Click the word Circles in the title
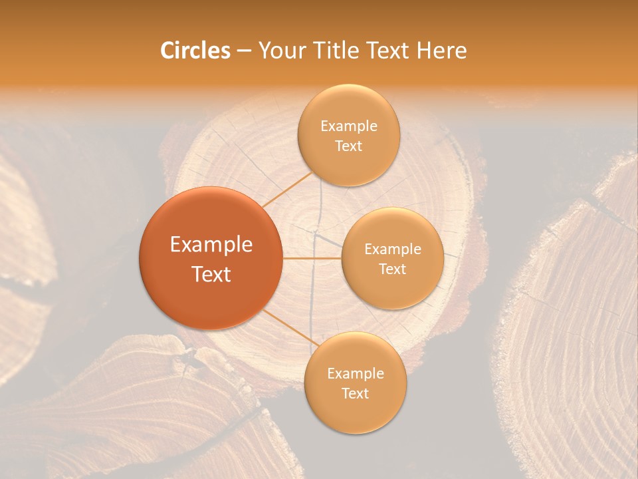pyautogui.click(x=195, y=51)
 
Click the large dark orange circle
pyautogui.click(x=211, y=258)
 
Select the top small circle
pyautogui.click(x=348, y=135)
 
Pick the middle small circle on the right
pyautogui.click(x=392, y=258)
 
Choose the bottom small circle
pyautogui.click(x=355, y=383)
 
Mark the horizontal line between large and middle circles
pyautogui.click(x=312, y=258)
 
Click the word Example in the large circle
pyautogui.click(x=211, y=244)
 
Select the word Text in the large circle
pyautogui.click(x=211, y=273)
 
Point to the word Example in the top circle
pyautogui.click(x=348, y=126)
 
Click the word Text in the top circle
pyautogui.click(x=348, y=146)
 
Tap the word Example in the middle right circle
pyautogui.click(x=392, y=249)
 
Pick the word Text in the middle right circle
pyautogui.click(x=392, y=269)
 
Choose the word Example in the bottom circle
pyautogui.click(x=355, y=373)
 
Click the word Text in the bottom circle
pyautogui.click(x=355, y=393)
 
